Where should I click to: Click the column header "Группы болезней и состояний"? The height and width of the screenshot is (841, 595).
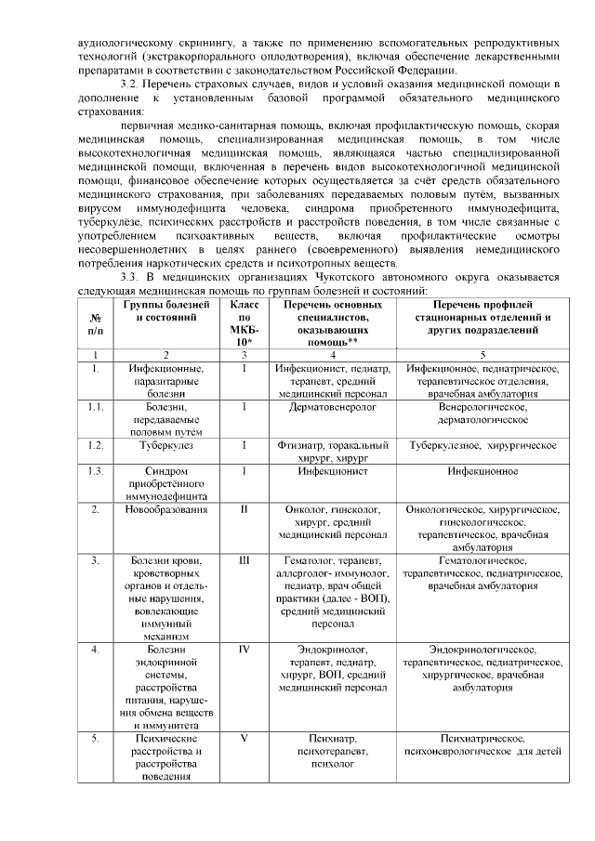(x=166, y=317)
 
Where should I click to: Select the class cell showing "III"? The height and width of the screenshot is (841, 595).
(x=244, y=560)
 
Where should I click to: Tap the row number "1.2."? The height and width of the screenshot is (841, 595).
(x=95, y=445)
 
